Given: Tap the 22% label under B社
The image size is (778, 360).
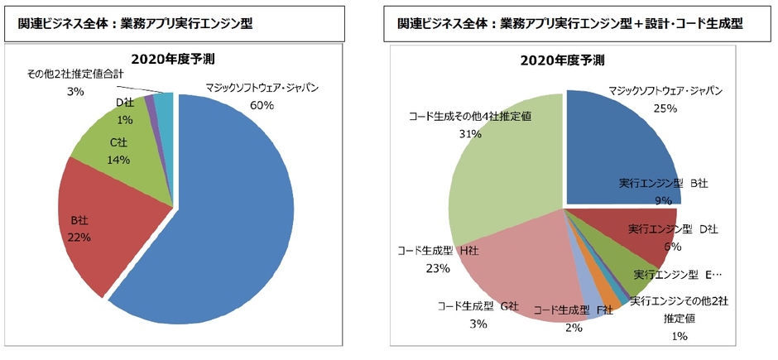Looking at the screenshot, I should click(79, 236).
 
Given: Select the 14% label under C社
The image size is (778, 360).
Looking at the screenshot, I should click(119, 159).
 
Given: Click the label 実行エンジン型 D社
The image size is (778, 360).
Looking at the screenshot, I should click(672, 228).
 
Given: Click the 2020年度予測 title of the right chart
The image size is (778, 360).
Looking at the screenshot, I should click(562, 60).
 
